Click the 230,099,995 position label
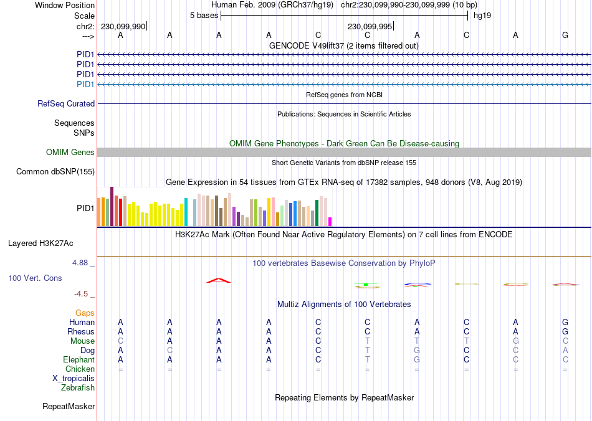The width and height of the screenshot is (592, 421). [x=370, y=27]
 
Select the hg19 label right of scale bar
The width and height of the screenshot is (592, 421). [x=482, y=16]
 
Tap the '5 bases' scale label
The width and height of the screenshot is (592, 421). [x=204, y=16]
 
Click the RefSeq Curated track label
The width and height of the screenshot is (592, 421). [x=66, y=104]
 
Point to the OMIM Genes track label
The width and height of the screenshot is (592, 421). [x=70, y=153]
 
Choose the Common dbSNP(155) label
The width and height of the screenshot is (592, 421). [x=55, y=172]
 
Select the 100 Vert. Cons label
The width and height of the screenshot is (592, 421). [x=35, y=278]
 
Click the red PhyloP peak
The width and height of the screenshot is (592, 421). [x=219, y=280]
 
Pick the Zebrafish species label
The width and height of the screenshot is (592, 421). [x=78, y=388]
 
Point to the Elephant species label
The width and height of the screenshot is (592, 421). [x=79, y=360]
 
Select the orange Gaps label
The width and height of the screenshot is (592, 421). [x=85, y=313]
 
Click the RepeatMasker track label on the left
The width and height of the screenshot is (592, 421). [x=69, y=407]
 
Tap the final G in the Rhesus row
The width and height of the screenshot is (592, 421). [x=565, y=332]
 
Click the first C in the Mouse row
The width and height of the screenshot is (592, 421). [x=121, y=341]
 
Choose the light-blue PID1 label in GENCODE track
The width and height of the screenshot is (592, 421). [x=85, y=84]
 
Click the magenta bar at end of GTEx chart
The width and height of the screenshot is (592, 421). [x=330, y=222]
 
